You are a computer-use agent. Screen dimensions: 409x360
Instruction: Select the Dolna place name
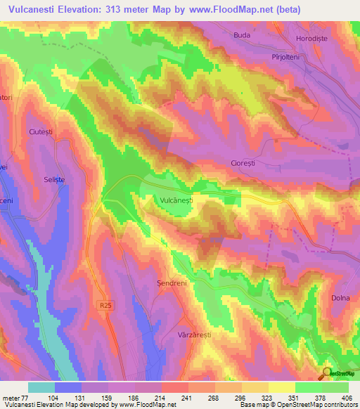(x=341, y=298)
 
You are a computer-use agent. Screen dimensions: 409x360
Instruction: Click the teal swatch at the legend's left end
(x=41, y=387)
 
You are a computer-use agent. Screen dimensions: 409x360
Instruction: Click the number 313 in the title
(x=128, y=10)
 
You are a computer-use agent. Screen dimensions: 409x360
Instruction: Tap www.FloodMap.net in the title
(x=230, y=10)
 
